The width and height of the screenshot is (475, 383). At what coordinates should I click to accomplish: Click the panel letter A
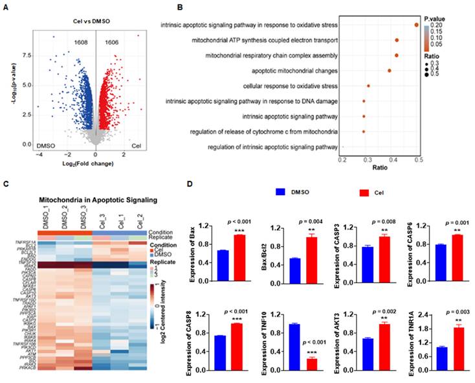tap(6, 7)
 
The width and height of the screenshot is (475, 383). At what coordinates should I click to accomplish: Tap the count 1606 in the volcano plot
tap(112, 41)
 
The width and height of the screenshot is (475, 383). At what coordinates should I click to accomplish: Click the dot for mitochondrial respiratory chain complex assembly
tap(397, 56)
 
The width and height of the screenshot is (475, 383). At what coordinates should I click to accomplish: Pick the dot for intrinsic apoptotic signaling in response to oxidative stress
tap(417, 25)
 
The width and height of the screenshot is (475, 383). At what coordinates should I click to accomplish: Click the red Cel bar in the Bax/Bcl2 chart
tap(311, 251)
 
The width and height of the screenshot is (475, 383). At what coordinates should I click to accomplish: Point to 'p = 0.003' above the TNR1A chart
tap(445, 312)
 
